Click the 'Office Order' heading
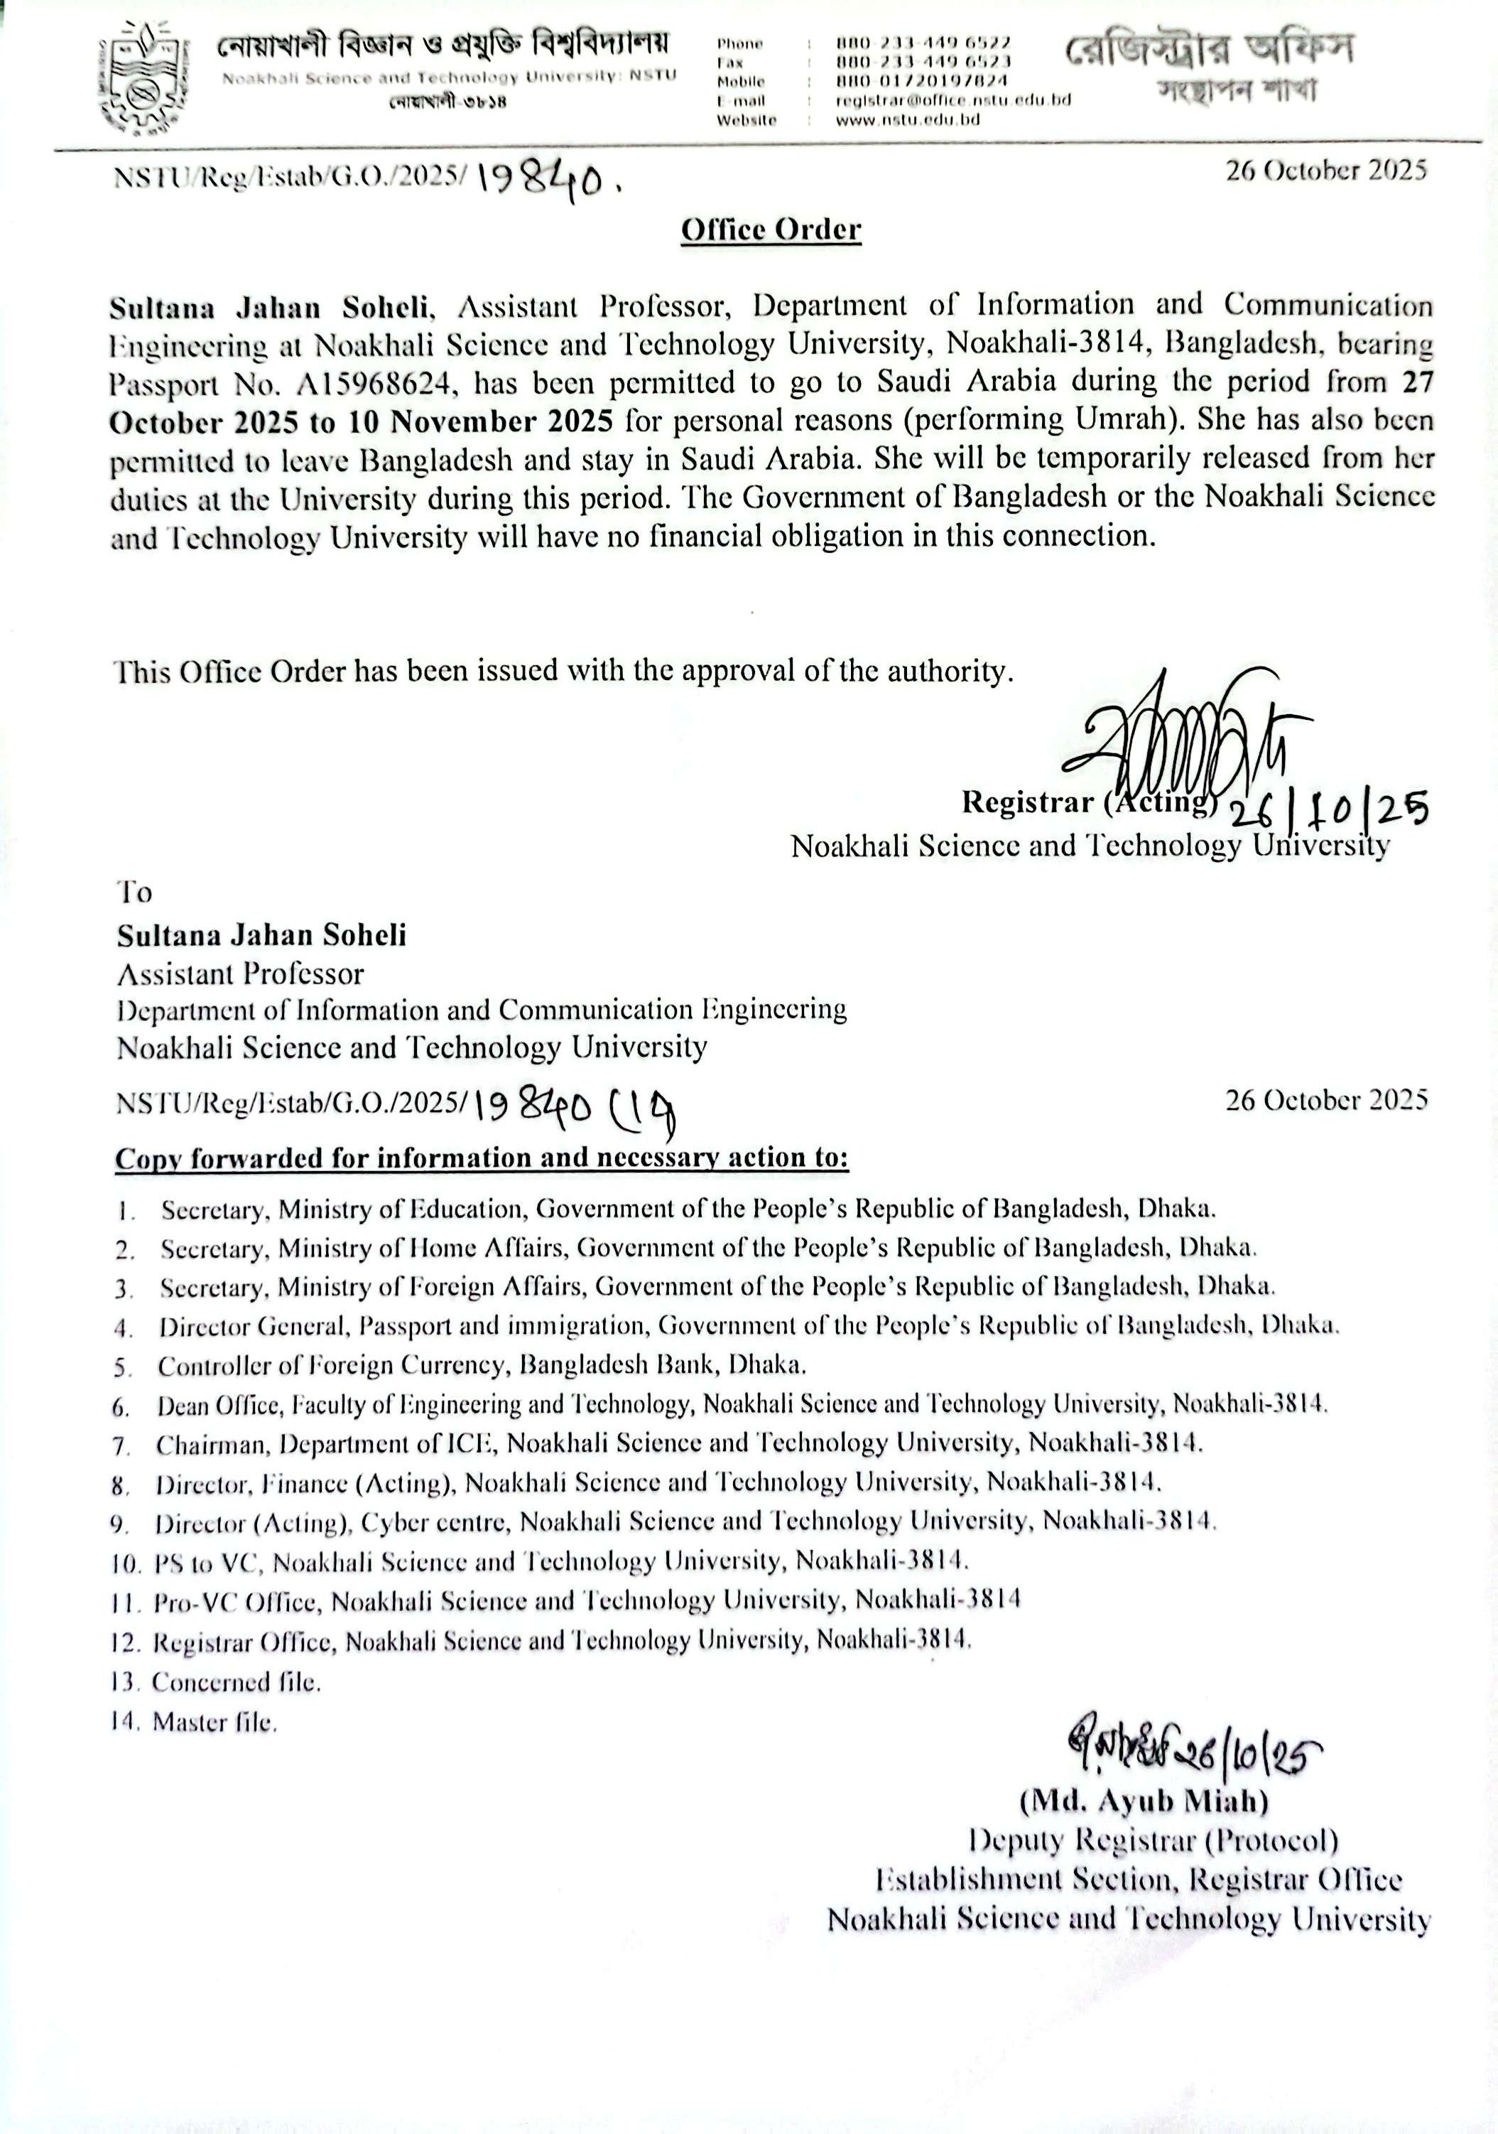(x=771, y=230)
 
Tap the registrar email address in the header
(x=953, y=100)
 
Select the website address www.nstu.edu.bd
(x=902, y=119)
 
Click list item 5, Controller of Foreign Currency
(x=482, y=1365)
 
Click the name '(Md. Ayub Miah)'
(x=1144, y=1801)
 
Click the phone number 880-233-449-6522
(x=923, y=43)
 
